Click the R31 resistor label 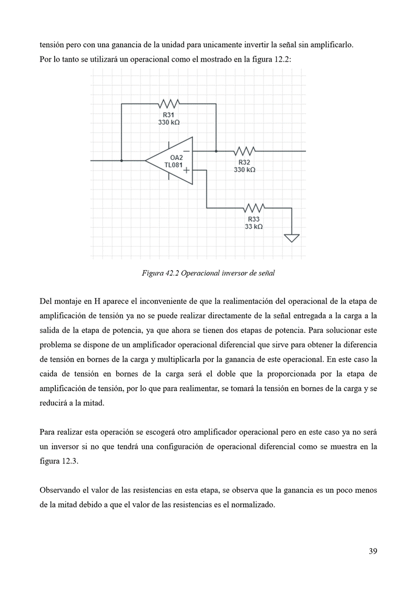[169, 115]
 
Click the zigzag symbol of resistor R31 [169, 104]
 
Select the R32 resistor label [245, 163]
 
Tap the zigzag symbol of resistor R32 [245, 151]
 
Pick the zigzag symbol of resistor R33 [254, 207]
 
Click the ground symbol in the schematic [292, 238]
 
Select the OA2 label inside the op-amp [176, 157]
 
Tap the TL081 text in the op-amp [174, 165]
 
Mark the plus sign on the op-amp [186, 171]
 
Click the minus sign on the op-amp [186, 151]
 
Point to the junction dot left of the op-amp [121, 161]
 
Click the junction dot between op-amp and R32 [216, 151]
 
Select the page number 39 [372, 552]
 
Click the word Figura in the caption [153, 273]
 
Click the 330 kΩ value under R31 [169, 122]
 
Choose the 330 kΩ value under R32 [245, 170]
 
